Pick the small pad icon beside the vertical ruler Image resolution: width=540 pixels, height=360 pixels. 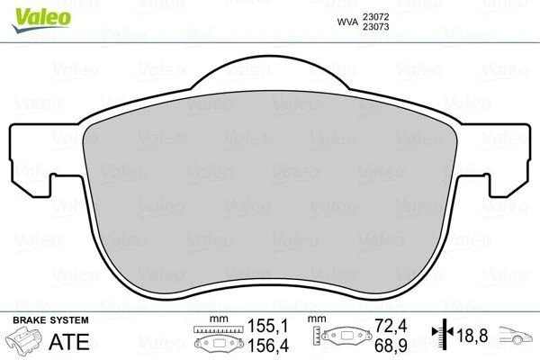pyautogui.click(x=351, y=337)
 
